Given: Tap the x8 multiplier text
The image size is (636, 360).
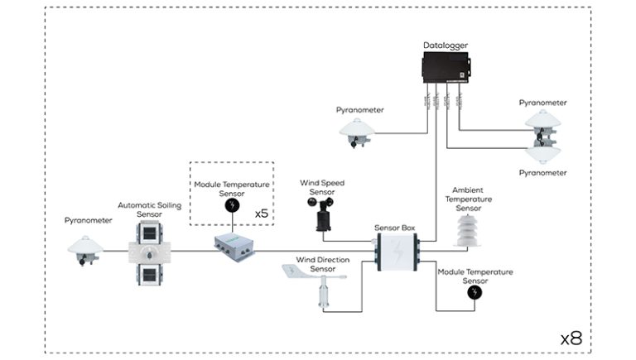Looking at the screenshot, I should [x=571, y=338].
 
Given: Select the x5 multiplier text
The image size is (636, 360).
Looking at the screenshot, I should [x=262, y=212].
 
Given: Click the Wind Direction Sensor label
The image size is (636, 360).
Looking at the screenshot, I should [x=322, y=264].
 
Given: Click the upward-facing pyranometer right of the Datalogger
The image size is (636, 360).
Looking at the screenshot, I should [x=542, y=121].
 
